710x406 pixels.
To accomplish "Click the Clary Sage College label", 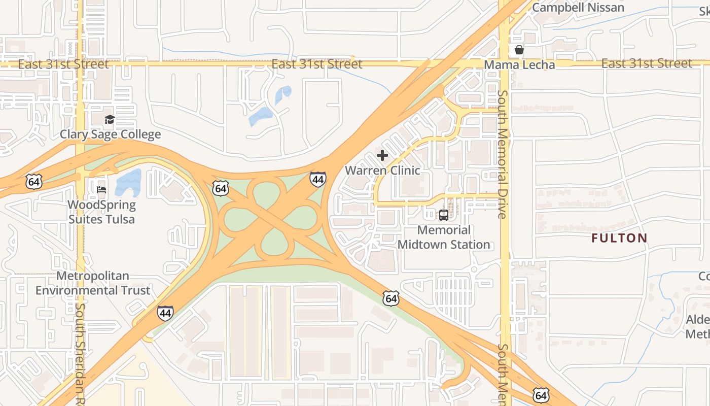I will pos(110,134).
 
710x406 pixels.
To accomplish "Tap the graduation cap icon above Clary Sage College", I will pos(110,120).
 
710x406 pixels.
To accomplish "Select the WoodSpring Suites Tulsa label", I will pos(102,212).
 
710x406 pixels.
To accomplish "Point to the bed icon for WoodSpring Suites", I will pos(101,190).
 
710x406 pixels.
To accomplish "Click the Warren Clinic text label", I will pos(382,170).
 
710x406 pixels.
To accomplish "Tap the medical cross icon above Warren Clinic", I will pos(382,155).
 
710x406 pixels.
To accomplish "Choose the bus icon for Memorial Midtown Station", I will pos(444,215).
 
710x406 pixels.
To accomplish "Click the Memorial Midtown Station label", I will pos(444,237).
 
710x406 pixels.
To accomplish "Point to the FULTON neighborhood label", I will pos(620,238).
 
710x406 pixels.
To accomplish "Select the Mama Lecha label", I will pos(519,65).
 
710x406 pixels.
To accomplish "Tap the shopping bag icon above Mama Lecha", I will pos(519,50).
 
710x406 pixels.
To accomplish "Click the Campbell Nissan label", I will pos(578,8).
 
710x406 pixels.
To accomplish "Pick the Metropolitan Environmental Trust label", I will pos(93,283).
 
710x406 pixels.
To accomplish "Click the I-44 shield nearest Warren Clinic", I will pos(317,179).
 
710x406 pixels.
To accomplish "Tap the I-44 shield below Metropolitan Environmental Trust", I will pos(165,313).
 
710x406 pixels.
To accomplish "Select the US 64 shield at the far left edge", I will pos(34,181).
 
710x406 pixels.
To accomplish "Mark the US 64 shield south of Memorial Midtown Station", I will pos(390,298).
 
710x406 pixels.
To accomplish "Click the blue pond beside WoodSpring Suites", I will pos(128,183).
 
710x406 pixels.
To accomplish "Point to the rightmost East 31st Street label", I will pos(647,63).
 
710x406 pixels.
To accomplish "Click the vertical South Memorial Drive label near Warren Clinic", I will pos(502,154).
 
